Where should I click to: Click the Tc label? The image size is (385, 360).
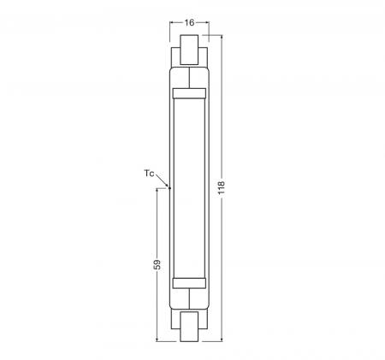click(x=149, y=174)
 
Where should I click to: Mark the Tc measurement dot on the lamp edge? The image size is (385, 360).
click(x=170, y=186)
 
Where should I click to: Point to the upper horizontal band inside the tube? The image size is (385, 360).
click(x=190, y=91)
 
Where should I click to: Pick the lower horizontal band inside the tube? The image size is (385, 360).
click(x=190, y=281)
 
